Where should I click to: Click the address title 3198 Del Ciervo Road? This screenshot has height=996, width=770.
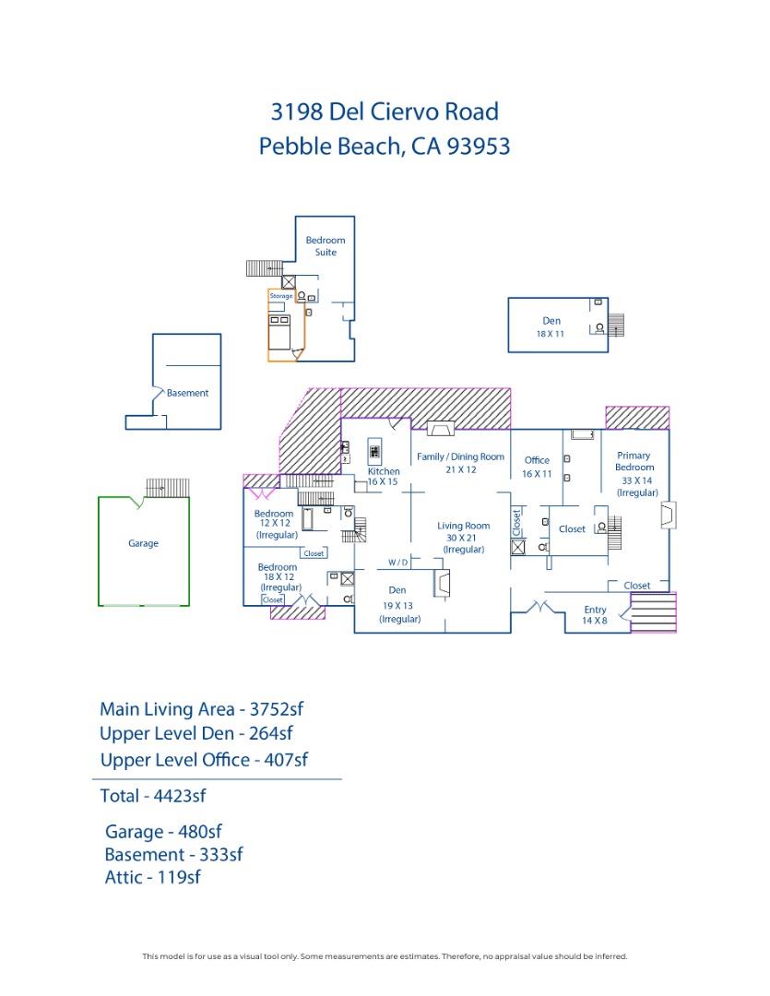(x=385, y=112)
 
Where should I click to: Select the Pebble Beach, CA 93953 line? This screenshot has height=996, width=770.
(x=385, y=147)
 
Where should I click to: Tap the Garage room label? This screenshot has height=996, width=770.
(x=143, y=543)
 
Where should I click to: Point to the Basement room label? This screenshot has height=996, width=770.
(x=187, y=393)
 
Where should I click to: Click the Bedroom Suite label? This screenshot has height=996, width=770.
(x=326, y=246)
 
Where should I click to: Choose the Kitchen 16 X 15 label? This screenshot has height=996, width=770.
(x=384, y=477)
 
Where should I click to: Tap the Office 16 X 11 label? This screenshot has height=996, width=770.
(x=537, y=467)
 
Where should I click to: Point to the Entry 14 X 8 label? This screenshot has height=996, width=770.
(x=595, y=615)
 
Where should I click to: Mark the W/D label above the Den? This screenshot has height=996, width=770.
(x=397, y=562)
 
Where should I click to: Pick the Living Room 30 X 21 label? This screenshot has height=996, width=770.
(x=463, y=537)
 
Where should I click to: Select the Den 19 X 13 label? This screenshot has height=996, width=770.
(x=397, y=604)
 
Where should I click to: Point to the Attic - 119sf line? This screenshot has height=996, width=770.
(x=152, y=877)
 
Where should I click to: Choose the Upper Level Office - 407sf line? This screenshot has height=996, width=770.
(x=203, y=760)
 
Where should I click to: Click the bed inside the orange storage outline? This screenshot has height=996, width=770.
(x=279, y=325)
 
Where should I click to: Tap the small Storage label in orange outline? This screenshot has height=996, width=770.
(x=280, y=296)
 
